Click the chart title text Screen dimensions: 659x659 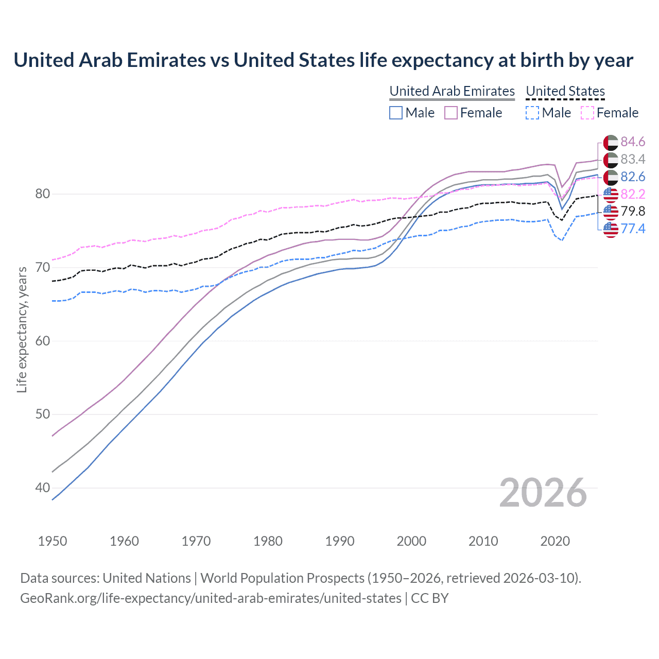pos(323,60)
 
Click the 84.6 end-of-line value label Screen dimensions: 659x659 pos(633,142)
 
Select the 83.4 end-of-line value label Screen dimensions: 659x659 pos(633,159)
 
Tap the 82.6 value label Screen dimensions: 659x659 pos(633,177)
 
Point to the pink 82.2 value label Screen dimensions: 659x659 pos(633,194)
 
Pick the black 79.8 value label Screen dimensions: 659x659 pos(633,211)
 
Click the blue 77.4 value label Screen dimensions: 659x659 pos(633,229)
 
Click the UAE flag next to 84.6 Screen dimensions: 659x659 pos(611,143)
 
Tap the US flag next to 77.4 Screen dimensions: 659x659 pos(611,230)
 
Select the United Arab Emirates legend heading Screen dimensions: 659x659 pos(452,91)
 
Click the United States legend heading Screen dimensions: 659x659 pos(565,91)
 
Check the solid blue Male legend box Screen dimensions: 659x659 pos(395,113)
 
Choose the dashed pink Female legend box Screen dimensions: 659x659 pos(587,113)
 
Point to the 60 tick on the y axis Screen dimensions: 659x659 pos(42,341)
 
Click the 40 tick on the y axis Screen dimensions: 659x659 pos(42,488)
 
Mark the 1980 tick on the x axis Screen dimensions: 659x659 pos(268,541)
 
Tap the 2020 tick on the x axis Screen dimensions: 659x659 pos(555,541)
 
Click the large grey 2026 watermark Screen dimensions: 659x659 pos(543,493)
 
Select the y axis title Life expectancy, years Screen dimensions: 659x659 pos(22,329)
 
